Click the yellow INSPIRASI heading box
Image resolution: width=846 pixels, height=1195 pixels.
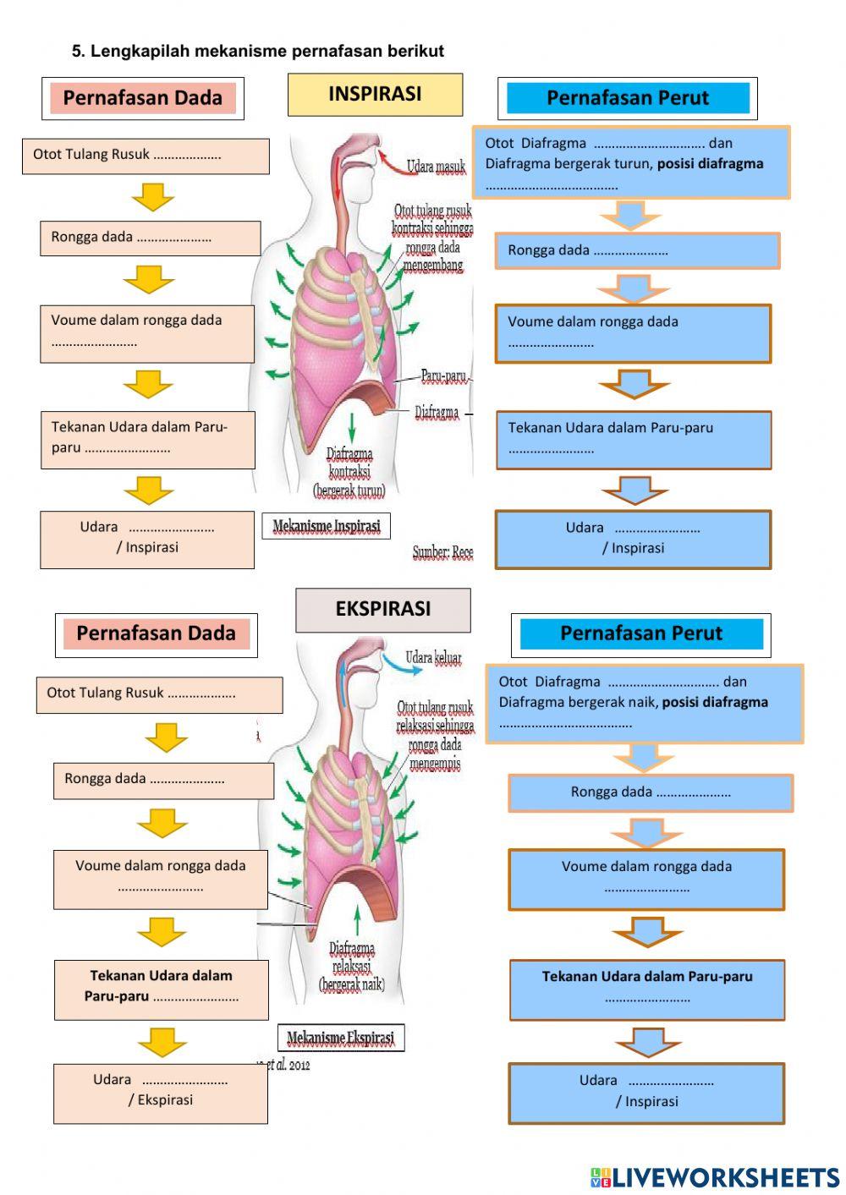(x=375, y=94)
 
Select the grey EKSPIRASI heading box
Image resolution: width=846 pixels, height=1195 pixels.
(x=382, y=610)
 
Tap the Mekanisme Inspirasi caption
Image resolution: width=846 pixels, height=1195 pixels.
(x=327, y=526)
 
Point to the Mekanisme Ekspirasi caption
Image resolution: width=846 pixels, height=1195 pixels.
(x=340, y=1038)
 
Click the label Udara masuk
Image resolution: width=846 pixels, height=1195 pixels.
(x=436, y=167)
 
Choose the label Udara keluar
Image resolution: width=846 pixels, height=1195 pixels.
(x=433, y=657)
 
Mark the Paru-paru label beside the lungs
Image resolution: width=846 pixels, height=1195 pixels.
(x=443, y=376)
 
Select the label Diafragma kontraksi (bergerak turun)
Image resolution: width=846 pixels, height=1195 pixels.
(x=349, y=472)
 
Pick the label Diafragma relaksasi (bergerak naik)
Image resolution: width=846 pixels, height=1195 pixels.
(x=352, y=966)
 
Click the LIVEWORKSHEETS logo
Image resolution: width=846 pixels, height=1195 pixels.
(x=715, y=1177)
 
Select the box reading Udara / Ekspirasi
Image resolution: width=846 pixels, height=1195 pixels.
(x=161, y=1094)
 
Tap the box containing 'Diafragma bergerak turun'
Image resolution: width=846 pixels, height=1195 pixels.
(x=630, y=163)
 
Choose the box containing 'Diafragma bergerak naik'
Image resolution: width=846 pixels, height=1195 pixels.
(x=644, y=703)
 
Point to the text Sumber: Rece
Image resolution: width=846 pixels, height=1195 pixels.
(x=442, y=552)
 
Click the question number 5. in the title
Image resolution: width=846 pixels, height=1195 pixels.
(x=78, y=52)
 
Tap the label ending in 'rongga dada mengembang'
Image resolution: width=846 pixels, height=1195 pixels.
(x=432, y=238)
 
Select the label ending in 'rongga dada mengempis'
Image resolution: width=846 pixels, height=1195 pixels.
(x=435, y=735)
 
